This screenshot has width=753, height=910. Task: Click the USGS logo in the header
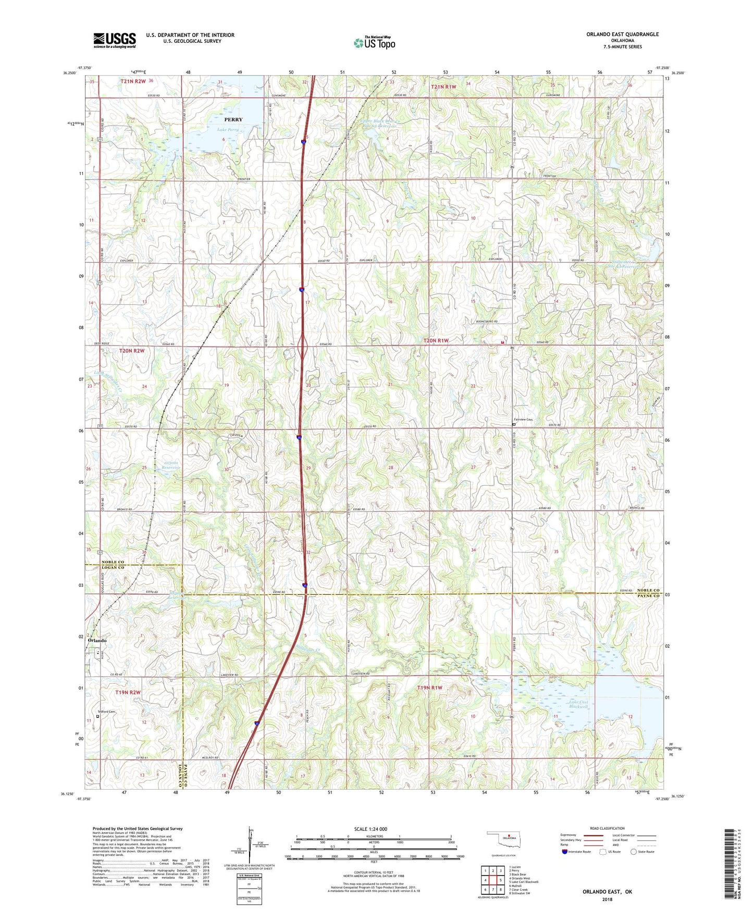[x=114, y=40]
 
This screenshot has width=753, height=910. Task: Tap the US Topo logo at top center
[x=374, y=43]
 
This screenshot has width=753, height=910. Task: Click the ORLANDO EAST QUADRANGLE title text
[x=622, y=34]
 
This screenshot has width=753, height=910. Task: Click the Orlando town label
[x=97, y=641]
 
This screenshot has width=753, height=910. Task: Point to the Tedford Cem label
[x=106, y=712]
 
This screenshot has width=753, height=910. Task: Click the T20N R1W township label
[x=436, y=340]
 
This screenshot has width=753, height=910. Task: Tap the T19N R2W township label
[x=128, y=692]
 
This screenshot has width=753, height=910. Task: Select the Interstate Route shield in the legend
[x=564, y=852]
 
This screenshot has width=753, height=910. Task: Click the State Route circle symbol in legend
[x=634, y=852]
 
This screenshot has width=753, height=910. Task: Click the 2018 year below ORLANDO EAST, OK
[x=607, y=899]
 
